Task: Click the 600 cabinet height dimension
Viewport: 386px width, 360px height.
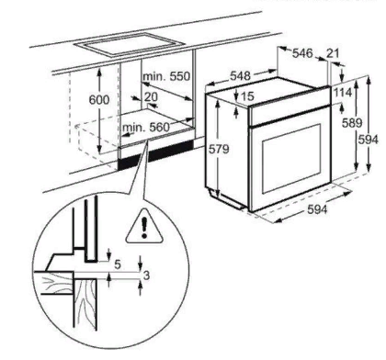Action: point(98,100)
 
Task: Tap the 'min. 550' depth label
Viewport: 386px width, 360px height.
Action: point(166,76)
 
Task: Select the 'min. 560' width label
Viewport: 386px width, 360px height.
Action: point(146,127)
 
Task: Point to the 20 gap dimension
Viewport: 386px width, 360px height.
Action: point(151,96)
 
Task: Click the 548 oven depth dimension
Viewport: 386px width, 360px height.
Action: point(241,75)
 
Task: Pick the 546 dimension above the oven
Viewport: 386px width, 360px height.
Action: point(302,53)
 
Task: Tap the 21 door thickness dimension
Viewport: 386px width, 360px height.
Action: point(333,53)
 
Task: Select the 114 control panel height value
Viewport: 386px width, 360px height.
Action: point(343,92)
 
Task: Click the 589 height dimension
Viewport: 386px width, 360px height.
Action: point(352,123)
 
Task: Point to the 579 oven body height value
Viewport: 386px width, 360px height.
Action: point(219,149)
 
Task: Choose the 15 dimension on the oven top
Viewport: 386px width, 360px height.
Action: point(247,96)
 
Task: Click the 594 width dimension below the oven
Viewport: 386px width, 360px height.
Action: point(317,209)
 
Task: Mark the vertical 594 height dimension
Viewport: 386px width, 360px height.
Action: point(369,140)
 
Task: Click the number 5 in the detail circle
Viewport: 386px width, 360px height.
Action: point(118,264)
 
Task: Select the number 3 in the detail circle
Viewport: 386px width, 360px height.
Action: point(146,276)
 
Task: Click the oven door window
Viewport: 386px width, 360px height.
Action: point(291,159)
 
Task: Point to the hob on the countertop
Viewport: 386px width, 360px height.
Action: point(129,45)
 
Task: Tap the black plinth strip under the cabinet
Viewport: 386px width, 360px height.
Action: point(155,157)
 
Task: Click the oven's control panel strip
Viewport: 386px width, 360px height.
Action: point(289,107)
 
